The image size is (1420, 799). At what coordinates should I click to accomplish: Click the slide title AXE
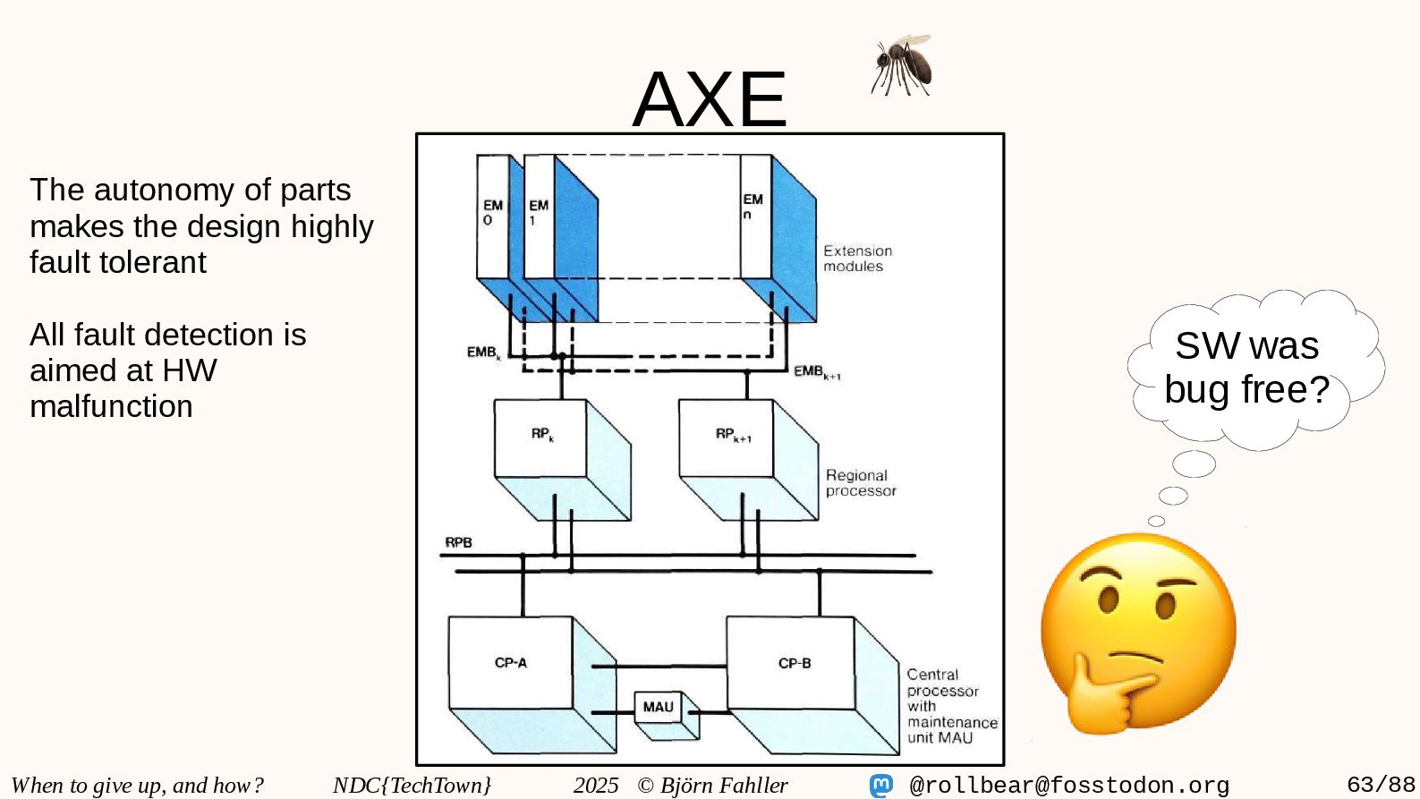709,99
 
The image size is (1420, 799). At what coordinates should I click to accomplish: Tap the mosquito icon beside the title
902,65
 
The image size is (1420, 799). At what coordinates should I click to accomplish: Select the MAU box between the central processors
658,708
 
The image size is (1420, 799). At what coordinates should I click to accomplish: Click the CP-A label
510,663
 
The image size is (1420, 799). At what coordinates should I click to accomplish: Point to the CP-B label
794,663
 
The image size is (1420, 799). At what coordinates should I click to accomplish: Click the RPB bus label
458,542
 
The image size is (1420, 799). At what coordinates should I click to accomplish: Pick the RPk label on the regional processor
542,434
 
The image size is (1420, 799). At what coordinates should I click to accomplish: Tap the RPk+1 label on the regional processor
732,434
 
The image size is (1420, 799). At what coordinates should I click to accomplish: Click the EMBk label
483,353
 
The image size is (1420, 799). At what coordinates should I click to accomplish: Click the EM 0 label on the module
492,212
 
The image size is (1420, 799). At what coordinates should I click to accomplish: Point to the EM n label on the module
753,206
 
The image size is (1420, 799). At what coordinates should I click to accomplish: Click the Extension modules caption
856,259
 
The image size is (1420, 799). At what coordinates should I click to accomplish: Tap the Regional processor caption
860,483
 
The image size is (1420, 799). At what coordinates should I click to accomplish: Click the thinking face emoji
1138,634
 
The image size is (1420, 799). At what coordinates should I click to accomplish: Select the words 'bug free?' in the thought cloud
1246,390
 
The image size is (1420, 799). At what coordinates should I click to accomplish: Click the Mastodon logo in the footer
881,786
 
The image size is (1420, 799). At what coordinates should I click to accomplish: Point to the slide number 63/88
1381,785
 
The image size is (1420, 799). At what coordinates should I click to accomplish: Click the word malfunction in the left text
111,406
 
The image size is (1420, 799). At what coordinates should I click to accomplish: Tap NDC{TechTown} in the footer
412,785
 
